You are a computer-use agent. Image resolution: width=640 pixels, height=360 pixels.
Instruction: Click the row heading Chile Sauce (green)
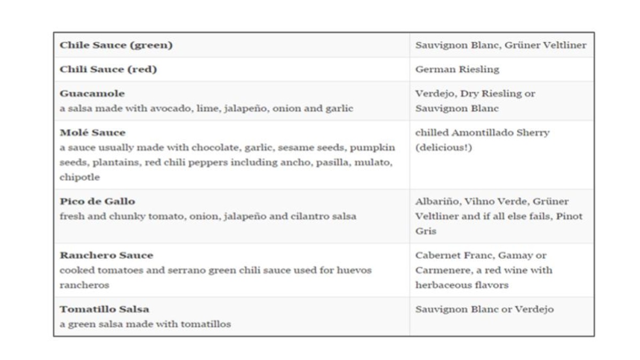click(x=116, y=45)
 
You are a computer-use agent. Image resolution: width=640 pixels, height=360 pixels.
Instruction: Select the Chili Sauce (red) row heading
click(x=108, y=69)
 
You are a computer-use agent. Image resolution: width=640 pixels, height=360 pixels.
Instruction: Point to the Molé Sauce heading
click(x=93, y=132)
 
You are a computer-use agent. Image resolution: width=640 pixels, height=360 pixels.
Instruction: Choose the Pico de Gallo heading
click(x=98, y=202)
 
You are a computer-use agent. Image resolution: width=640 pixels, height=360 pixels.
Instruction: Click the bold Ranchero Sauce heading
click(x=106, y=255)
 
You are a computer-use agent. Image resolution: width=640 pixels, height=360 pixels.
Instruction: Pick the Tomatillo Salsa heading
click(x=105, y=309)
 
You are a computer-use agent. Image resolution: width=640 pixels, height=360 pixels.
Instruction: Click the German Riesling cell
click(x=457, y=69)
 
